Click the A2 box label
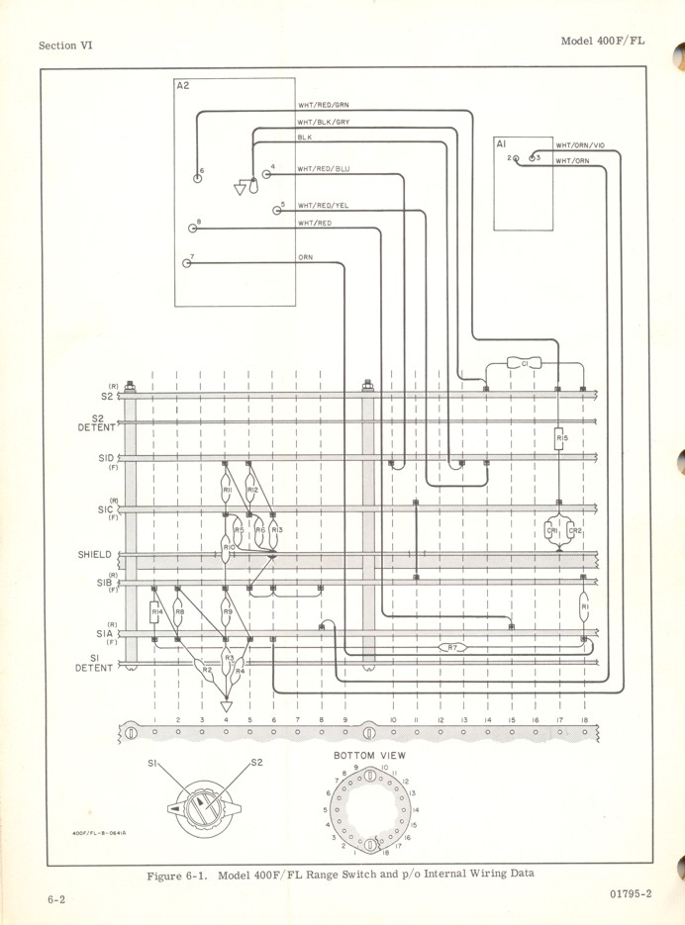coord(182,86)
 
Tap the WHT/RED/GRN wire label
coord(324,105)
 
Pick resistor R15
coord(559,436)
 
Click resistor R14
coord(156,613)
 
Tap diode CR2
coord(573,530)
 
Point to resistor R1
coord(584,606)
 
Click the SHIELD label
coord(96,555)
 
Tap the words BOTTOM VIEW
coord(370,755)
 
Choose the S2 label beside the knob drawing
coord(256,762)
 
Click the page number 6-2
coord(55,898)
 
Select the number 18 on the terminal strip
coord(584,720)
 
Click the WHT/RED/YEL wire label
coord(324,206)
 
